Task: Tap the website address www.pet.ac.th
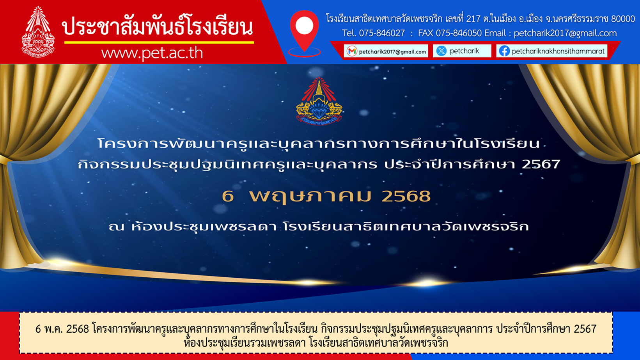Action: [x=152, y=53]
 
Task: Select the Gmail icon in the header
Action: [x=352, y=51]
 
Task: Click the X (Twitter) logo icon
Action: [x=441, y=51]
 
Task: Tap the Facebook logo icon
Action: [x=504, y=51]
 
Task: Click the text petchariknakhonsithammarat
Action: [x=558, y=51]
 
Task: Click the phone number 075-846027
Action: [x=382, y=34]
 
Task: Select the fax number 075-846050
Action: [x=459, y=34]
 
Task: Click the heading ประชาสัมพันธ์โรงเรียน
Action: [x=158, y=26]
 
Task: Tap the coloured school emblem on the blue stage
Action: [x=319, y=101]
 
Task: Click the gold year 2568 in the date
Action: [x=406, y=196]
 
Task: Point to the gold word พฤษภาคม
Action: [x=310, y=197]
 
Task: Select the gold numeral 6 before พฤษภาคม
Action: [x=228, y=196]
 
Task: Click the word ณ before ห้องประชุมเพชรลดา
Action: [x=116, y=227]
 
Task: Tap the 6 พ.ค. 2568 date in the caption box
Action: [x=62, y=329]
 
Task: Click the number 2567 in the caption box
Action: [x=585, y=329]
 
